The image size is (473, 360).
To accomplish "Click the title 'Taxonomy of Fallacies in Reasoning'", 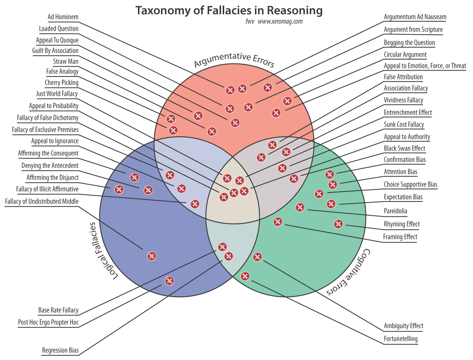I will (229, 11).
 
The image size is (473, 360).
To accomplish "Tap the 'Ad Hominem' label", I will (63, 17).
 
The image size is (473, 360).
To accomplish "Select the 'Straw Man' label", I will (65, 62).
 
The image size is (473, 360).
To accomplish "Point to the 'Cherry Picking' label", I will (61, 82).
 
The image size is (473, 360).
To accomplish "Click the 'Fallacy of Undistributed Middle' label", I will (42, 201).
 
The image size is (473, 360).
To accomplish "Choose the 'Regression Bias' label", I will (60, 350).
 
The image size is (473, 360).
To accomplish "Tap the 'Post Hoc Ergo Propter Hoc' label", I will (48, 322).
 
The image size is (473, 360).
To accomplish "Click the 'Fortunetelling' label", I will (400, 339).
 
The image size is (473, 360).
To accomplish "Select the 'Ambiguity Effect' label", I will (404, 326).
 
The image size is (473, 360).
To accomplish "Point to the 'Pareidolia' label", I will (395, 211).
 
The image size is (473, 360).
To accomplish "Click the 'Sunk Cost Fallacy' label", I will (404, 125).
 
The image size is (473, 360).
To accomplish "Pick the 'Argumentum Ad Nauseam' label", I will (415, 17).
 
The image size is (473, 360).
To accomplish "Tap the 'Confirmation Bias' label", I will (405, 160).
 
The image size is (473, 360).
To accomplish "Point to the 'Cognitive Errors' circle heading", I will (349, 272).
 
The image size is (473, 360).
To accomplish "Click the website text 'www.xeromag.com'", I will (280, 22).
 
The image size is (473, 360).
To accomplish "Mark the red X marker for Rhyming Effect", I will (338, 224).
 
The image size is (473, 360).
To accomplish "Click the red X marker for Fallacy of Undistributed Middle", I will (152, 256).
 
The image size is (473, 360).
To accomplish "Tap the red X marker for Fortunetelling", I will (245, 276).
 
